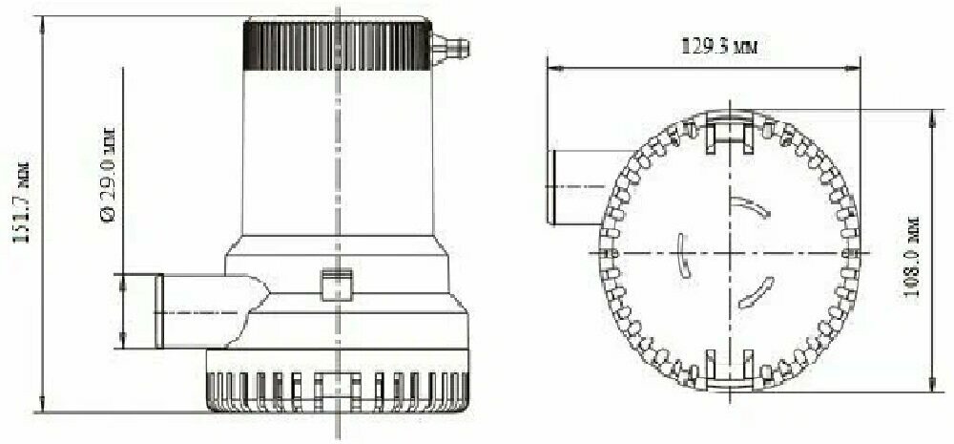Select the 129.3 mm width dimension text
(718, 47)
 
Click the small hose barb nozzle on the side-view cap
(450, 48)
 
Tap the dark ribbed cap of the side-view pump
(337, 45)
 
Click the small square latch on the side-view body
(337, 285)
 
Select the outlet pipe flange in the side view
(158, 311)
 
